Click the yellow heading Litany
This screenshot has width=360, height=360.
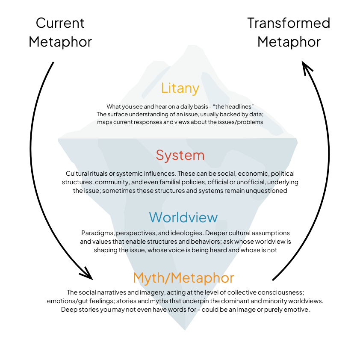point(180,88)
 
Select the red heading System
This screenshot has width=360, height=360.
point(180,155)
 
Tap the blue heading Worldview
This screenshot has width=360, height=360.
point(183,217)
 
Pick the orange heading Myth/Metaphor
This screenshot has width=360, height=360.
point(183,278)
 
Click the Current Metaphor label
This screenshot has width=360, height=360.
point(60,32)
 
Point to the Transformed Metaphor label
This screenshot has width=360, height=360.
point(289,32)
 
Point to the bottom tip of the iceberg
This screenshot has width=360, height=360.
point(185,329)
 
